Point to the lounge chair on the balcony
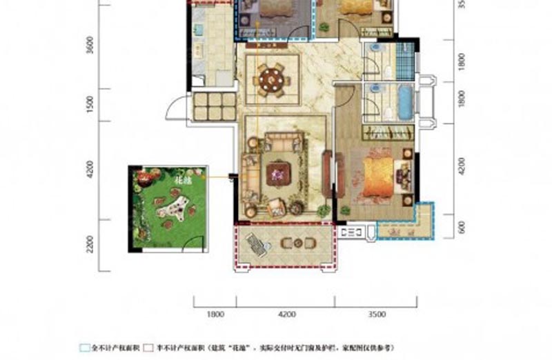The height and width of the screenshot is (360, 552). pos(257,242)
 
